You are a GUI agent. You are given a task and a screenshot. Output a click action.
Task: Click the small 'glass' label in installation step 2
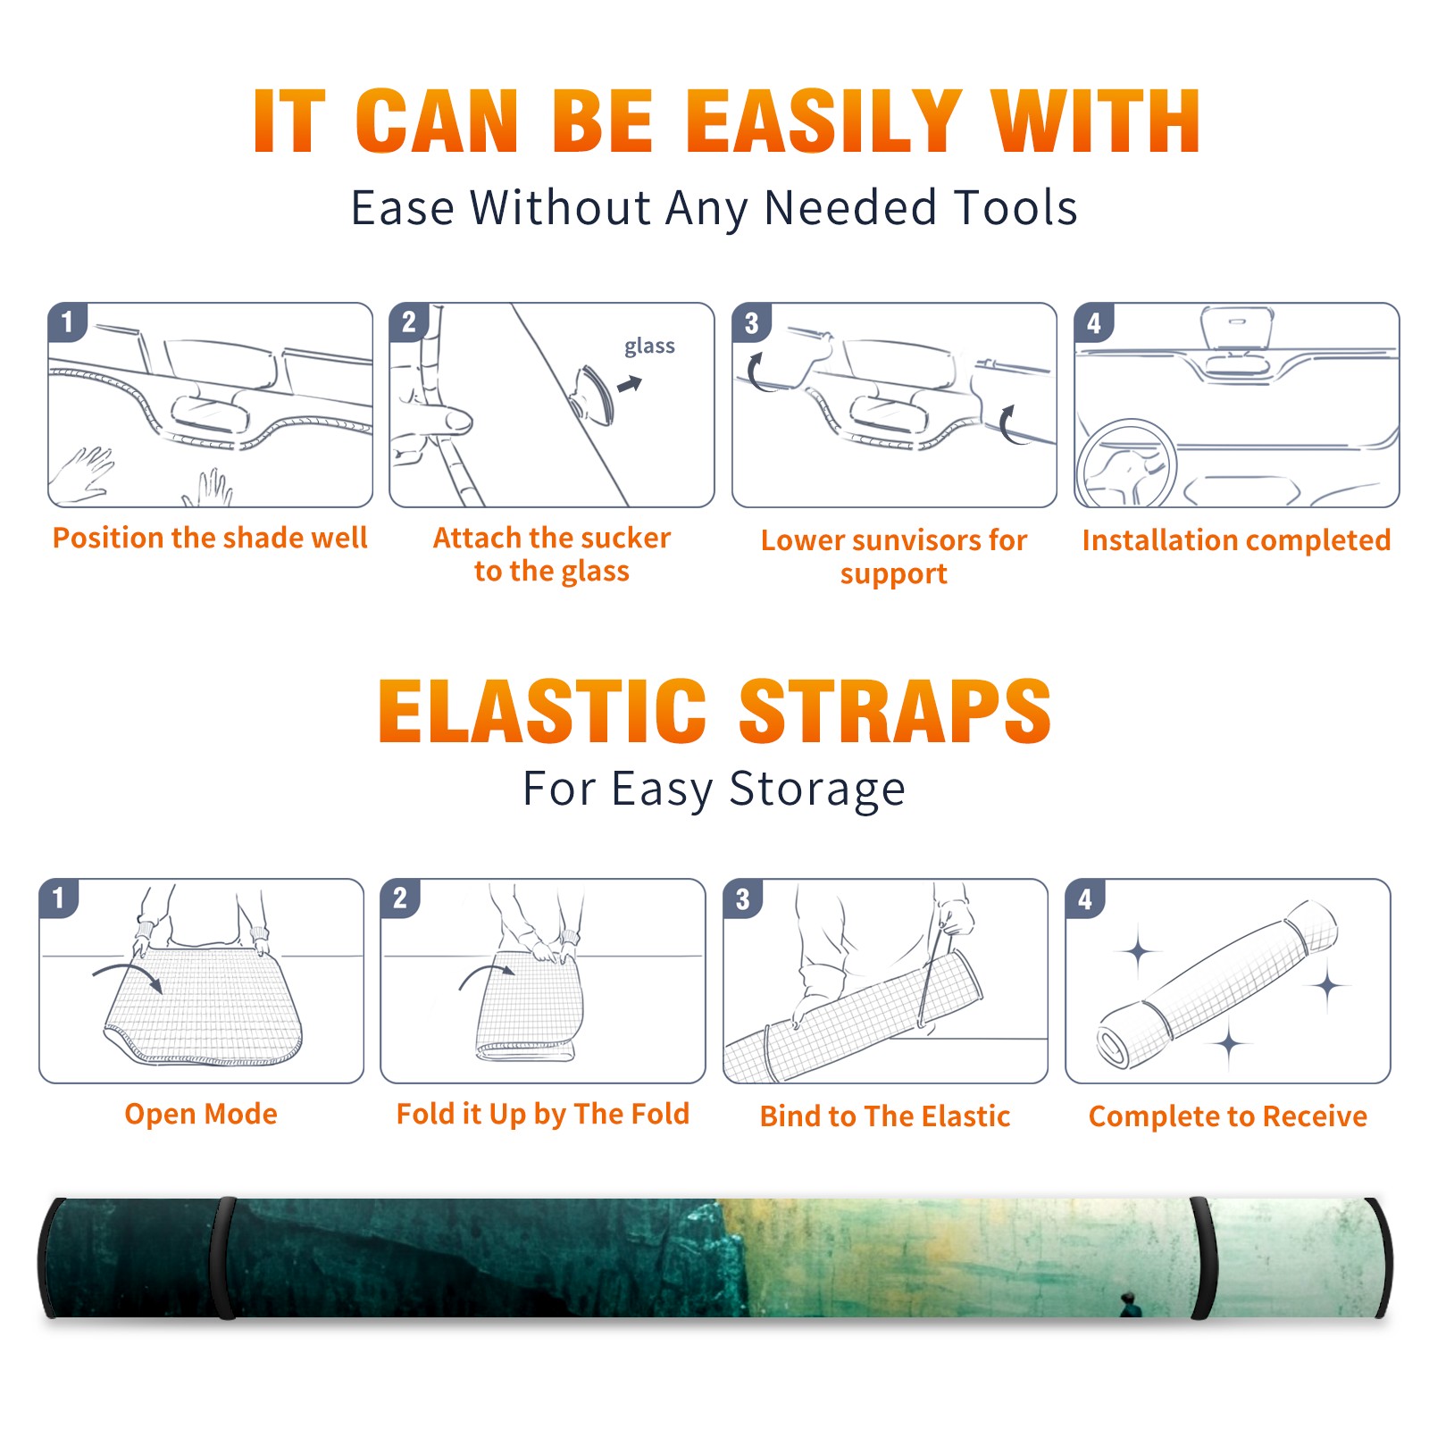click(x=649, y=347)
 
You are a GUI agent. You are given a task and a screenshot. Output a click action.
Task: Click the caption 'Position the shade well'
click(x=210, y=538)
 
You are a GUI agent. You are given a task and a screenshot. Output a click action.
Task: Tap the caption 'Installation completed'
click(x=1236, y=540)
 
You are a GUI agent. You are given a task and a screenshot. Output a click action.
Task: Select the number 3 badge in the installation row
click(x=751, y=323)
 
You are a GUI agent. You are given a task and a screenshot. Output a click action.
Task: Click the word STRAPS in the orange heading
click(x=895, y=711)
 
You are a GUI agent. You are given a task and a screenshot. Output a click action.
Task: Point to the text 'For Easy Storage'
click(x=714, y=789)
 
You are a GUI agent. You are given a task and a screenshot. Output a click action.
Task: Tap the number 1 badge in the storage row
click(x=59, y=898)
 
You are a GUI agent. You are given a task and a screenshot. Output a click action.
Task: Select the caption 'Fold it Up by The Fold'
click(x=543, y=1114)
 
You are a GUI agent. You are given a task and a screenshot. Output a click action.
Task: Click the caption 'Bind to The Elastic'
click(x=885, y=1116)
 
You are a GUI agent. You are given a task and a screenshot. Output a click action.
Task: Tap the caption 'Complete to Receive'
click(x=1228, y=1116)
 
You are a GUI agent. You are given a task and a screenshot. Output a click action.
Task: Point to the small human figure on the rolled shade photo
click(x=1131, y=1305)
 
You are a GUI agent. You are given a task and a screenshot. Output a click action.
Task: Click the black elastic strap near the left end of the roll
click(x=225, y=1258)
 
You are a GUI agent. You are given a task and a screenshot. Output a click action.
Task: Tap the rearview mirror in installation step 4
click(x=1237, y=327)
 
